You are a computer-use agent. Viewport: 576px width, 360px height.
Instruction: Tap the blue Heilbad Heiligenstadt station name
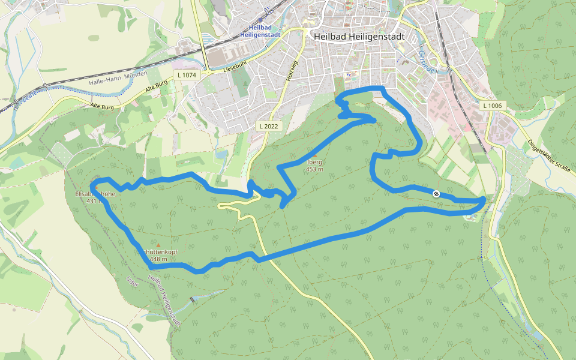(265, 31)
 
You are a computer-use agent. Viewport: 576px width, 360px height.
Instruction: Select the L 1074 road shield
(186, 75)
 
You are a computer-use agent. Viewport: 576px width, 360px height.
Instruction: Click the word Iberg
(314, 162)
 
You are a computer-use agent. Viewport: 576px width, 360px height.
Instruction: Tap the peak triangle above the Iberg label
(314, 155)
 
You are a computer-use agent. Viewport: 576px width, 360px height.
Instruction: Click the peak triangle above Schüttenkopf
(158, 245)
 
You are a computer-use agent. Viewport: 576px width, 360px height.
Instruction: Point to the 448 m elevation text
(158, 259)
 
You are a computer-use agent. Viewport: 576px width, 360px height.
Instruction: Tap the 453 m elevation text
(314, 169)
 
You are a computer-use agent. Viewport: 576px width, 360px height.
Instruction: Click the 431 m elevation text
(93, 202)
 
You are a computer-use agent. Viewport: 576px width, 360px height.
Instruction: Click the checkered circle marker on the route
(436, 193)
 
